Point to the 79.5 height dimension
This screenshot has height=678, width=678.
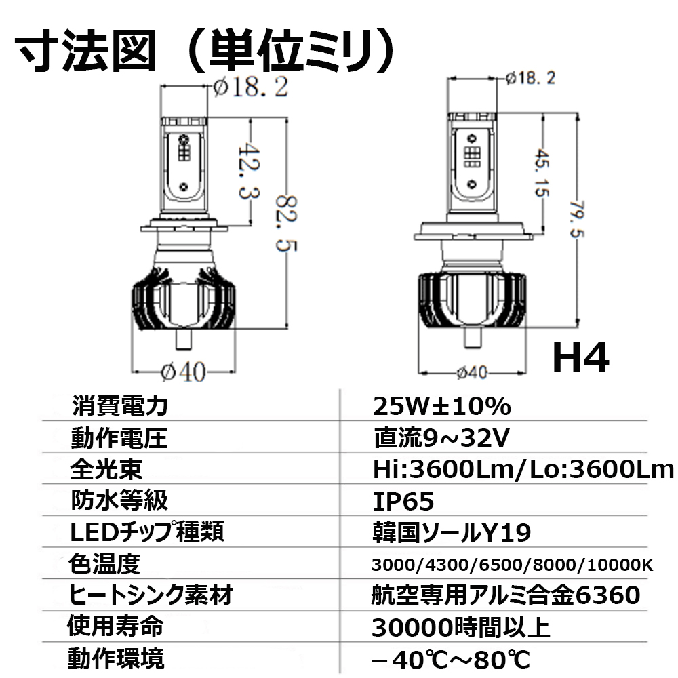(x=577, y=219)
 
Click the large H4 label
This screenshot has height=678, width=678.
(x=581, y=357)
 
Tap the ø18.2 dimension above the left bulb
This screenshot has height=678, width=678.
(x=251, y=87)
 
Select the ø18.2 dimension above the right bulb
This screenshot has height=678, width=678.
(x=531, y=78)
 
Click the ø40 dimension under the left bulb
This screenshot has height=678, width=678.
(x=183, y=372)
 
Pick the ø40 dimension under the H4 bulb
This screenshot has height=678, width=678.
(x=472, y=372)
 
